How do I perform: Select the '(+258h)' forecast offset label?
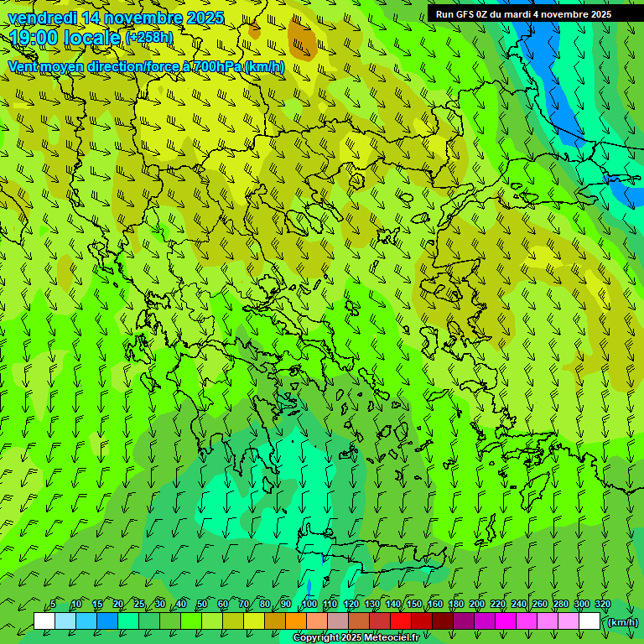point(148,38)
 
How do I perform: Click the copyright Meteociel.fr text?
point(356,638)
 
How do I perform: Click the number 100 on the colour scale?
point(309,605)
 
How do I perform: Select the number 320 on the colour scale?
point(603,605)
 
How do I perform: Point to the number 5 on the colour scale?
point(53,605)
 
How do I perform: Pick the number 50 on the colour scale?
point(202,605)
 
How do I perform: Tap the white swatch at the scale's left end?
point(44,621)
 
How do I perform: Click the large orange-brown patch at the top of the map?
point(302,37)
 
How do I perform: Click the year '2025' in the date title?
point(205,18)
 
